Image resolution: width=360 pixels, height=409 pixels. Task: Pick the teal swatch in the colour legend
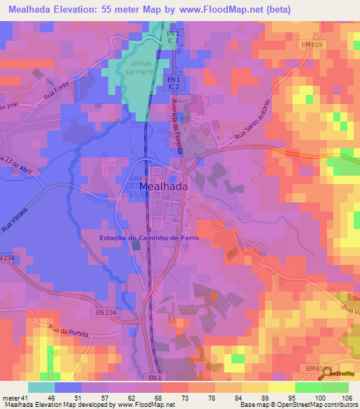(x=41, y=387)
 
